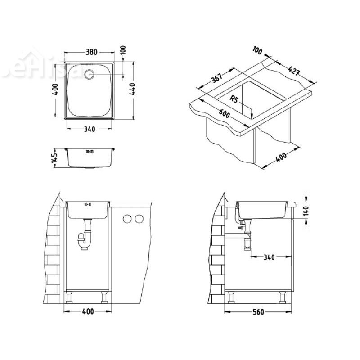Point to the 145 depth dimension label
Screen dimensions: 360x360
[x=54, y=158]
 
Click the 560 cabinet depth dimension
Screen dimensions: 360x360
[x=258, y=312]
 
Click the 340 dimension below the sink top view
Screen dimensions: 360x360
[x=89, y=129]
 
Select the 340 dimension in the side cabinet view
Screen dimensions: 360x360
[x=269, y=257]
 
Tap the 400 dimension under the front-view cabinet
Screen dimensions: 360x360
[x=88, y=312]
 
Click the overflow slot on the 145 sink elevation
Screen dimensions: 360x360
[x=89, y=152]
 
